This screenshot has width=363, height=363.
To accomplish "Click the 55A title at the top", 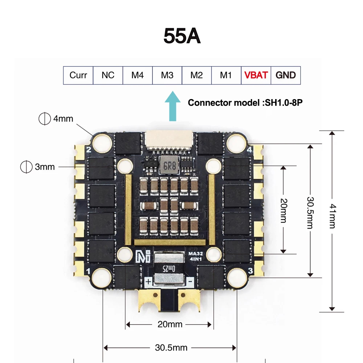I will tap(182, 36).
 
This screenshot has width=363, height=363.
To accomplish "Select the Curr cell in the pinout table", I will tap(78, 76).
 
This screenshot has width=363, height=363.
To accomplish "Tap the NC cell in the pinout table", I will tap(108, 76).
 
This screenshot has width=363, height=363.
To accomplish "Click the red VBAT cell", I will tap(256, 76).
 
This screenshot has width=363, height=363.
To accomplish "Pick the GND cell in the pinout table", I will tap(286, 76).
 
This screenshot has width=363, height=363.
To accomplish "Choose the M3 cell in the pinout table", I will tap(167, 76).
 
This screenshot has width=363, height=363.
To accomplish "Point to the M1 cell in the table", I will tap(226, 76).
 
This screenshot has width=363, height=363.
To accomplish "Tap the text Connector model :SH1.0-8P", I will tap(245, 103).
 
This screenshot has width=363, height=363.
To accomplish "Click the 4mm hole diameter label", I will tap(63, 119).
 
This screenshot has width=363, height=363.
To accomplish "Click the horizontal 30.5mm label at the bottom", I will tap(171, 348).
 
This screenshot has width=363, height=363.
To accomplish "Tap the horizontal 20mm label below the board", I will tap(170, 324).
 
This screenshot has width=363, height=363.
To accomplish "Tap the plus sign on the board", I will tap(148, 282).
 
